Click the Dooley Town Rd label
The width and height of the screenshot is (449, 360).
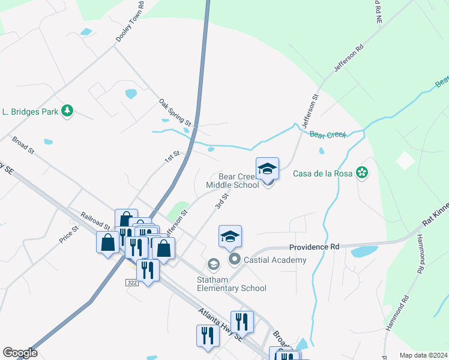(x=131, y=22)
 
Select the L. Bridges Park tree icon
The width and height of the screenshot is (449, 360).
(x=68, y=110)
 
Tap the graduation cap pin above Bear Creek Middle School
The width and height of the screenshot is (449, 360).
(x=267, y=169)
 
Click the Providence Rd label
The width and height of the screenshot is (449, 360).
(x=314, y=247)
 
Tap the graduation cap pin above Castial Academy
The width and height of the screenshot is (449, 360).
(x=230, y=237)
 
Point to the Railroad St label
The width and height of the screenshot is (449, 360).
(x=95, y=220)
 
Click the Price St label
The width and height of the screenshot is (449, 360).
(x=69, y=234)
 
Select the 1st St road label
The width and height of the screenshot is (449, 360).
(x=172, y=157)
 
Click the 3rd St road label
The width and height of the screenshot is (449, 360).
(x=222, y=200)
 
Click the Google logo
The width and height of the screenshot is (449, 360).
(x=20, y=353)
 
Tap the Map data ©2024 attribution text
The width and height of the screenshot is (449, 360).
(x=423, y=355)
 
